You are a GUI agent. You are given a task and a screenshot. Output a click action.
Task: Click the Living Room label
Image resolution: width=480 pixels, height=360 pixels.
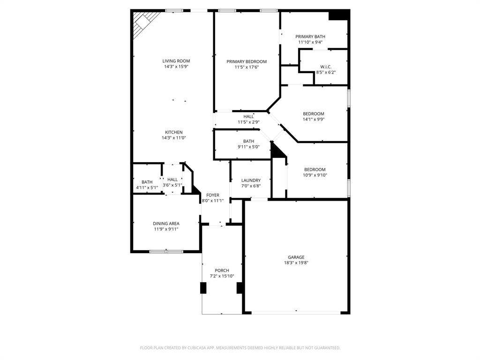(x=176, y=61)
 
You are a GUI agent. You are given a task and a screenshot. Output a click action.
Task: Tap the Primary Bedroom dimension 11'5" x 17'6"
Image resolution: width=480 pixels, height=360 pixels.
(x=247, y=67)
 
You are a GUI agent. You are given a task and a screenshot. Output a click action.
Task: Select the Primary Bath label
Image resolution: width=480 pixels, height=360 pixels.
(x=310, y=37)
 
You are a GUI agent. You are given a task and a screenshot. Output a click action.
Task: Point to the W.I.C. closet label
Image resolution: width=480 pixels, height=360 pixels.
(x=326, y=67)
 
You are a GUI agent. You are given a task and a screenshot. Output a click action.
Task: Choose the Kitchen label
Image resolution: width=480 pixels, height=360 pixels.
(x=173, y=132)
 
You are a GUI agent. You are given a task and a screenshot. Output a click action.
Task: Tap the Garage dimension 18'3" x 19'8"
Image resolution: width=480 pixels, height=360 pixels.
(x=296, y=263)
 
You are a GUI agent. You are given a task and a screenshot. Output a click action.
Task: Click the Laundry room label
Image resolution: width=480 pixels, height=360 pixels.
(x=251, y=180)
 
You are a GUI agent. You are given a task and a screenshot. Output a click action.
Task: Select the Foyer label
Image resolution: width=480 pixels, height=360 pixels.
(x=213, y=195)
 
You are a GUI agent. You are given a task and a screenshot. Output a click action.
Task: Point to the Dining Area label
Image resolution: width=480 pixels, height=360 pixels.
(x=166, y=224)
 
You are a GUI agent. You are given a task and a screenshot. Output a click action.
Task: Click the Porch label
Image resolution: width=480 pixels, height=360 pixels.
(x=222, y=270)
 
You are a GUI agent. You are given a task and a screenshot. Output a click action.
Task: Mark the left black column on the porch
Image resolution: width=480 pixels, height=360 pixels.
(x=203, y=288)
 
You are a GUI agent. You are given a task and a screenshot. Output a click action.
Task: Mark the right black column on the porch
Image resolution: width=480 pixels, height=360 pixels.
(x=240, y=288)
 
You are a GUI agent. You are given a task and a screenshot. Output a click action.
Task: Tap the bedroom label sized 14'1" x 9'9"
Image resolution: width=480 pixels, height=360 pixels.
(x=314, y=114)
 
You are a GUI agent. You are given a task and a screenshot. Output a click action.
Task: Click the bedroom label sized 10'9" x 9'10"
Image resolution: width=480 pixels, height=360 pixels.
(x=315, y=170)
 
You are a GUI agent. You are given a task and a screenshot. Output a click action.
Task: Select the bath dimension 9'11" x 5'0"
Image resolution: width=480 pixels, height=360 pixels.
(x=248, y=147)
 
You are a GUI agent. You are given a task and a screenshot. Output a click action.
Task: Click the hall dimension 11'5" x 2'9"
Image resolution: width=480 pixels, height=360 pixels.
(x=248, y=122)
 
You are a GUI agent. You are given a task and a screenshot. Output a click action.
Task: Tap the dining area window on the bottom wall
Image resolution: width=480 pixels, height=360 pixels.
(x=166, y=252)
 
